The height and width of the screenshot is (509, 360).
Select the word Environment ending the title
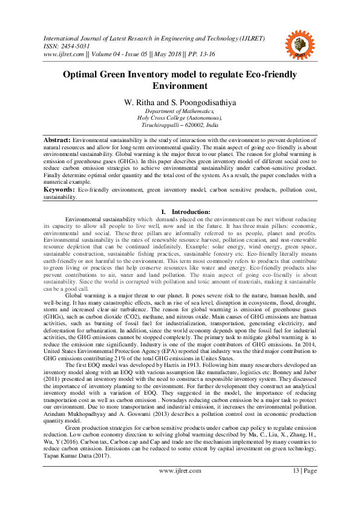click(x=180, y=86)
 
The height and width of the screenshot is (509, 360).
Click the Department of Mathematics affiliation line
click(x=180, y=111)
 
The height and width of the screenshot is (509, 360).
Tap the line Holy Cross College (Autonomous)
click(x=180, y=118)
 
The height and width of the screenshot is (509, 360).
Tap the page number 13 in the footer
click(x=296, y=487)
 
